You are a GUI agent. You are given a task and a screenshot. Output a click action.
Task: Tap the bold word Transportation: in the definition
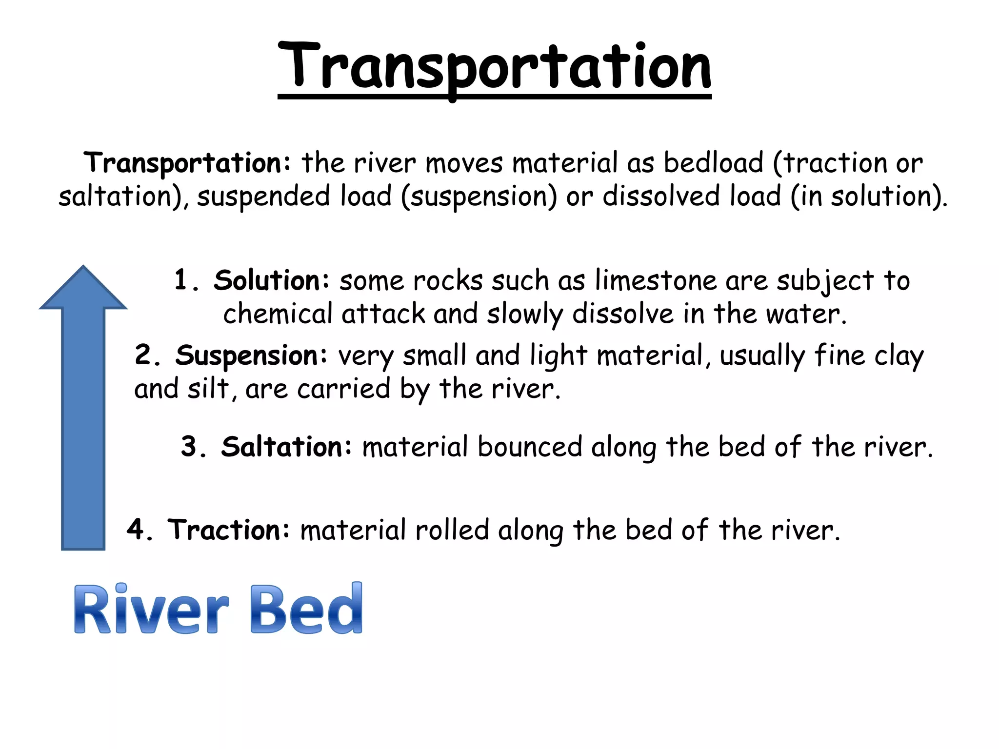(187, 163)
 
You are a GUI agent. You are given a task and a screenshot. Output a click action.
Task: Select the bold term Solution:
(271, 280)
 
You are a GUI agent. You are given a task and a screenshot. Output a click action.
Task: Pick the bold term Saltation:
(286, 447)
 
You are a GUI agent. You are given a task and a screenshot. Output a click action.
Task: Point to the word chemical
(277, 314)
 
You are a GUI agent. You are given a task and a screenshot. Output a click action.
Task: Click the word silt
(208, 389)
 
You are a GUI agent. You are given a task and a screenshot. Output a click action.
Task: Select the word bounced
(530, 447)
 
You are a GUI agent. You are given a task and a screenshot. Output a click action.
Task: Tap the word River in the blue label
(151, 610)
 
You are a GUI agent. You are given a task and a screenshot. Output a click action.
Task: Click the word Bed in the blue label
(306, 609)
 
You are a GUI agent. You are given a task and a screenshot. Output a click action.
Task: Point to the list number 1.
(181, 280)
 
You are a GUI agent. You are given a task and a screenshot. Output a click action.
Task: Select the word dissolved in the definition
(661, 196)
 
